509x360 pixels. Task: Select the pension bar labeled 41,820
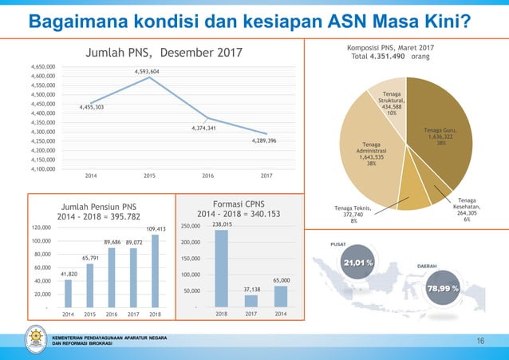click(68, 293)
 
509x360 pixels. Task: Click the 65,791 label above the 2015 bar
click(90, 258)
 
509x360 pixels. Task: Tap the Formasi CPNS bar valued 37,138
click(251, 301)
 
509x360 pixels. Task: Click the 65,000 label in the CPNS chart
click(281, 281)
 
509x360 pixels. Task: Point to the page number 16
click(480, 342)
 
